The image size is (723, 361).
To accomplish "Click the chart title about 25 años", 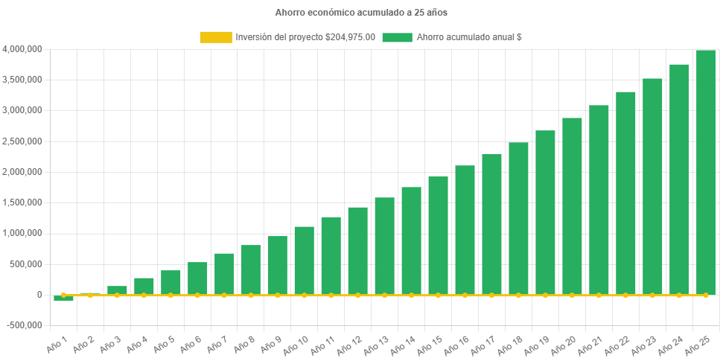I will point(361,13).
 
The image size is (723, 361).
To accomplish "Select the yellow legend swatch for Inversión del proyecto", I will point(216,37).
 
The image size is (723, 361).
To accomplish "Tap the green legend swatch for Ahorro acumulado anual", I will point(397,37).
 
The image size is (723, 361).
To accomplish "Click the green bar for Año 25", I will point(705,171).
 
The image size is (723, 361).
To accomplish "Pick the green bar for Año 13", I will point(384,246).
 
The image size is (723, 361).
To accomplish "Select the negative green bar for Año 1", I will point(63,298).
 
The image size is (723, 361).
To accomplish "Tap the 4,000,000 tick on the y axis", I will point(22,49).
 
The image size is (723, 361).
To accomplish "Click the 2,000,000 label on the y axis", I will point(22,172).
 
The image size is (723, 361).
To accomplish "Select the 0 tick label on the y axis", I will point(39,295).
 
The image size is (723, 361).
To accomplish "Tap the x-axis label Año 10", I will point(297,344).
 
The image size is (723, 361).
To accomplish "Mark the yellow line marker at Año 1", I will point(63,295).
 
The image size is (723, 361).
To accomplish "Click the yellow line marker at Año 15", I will point(438,295).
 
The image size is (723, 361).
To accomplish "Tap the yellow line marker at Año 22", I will point(625,295).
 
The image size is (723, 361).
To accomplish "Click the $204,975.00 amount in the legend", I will point(350,37).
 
